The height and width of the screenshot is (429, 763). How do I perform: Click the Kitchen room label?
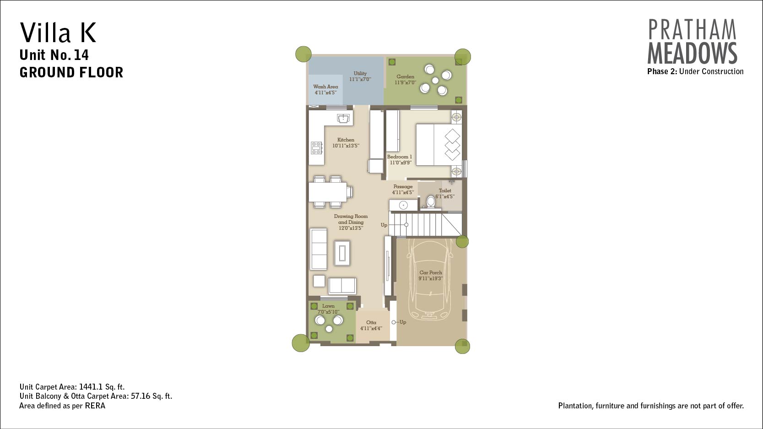tap(346, 140)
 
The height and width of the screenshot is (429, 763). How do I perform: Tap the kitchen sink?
tap(343, 118)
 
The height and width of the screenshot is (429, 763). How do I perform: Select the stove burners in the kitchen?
tap(316, 148)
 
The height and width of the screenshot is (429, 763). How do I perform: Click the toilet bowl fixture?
tap(431, 201)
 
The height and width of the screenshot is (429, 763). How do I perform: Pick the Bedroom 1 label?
tap(400, 157)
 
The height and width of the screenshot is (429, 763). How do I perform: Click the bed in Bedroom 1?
tap(439, 145)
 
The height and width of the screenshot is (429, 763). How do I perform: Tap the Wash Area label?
tap(325, 87)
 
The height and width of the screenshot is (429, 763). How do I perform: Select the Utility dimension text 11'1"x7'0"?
tap(360, 79)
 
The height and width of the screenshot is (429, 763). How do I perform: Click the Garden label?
tap(406, 76)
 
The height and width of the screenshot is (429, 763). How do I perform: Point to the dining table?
tap(328, 192)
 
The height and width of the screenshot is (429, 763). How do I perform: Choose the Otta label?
tap(371, 322)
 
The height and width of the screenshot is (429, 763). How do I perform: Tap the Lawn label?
tap(328, 306)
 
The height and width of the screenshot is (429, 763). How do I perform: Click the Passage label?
tap(403, 186)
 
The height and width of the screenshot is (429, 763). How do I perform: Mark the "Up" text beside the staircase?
tap(384, 225)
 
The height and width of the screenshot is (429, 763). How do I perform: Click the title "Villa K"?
tap(58, 33)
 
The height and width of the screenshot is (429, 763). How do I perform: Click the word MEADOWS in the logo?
tap(692, 53)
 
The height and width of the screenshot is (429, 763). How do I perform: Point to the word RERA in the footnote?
tap(95, 406)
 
